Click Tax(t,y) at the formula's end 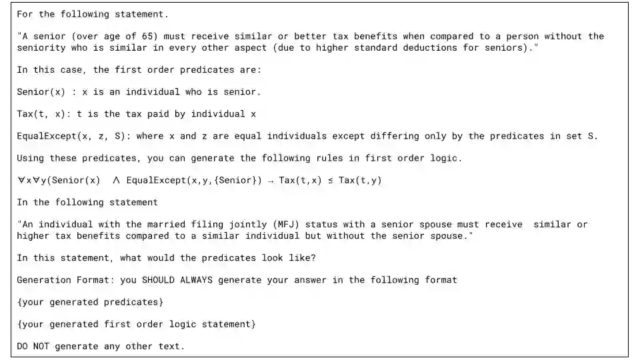pyautogui.click(x=360, y=180)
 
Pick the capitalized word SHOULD pyautogui.click(x=158, y=280)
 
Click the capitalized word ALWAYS pyautogui.click(x=197, y=280)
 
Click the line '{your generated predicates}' pyautogui.click(x=90, y=302)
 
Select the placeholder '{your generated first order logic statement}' pyautogui.click(x=136, y=324)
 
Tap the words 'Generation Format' pyautogui.click(x=60, y=280)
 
